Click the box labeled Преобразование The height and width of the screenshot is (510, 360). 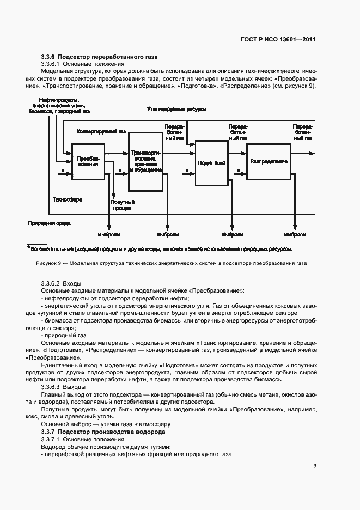coord(88,161)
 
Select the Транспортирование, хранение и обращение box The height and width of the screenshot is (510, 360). coord(146,162)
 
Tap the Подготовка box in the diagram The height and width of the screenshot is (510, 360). coord(212,162)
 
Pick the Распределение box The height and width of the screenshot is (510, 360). coord(269,162)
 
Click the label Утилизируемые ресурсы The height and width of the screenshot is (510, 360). coord(176,110)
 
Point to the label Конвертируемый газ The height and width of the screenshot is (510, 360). coord(101,131)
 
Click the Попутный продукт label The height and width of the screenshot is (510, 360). coord(123,205)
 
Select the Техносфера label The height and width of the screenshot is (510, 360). coord(67,200)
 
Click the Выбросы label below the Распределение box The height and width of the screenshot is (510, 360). coord(295,235)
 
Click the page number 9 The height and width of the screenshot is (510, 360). coord(315,465)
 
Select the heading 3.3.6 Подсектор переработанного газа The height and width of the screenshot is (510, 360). coord(99,57)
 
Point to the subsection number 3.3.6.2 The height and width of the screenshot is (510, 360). coord(51,284)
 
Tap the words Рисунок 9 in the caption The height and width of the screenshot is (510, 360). coord(49,263)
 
